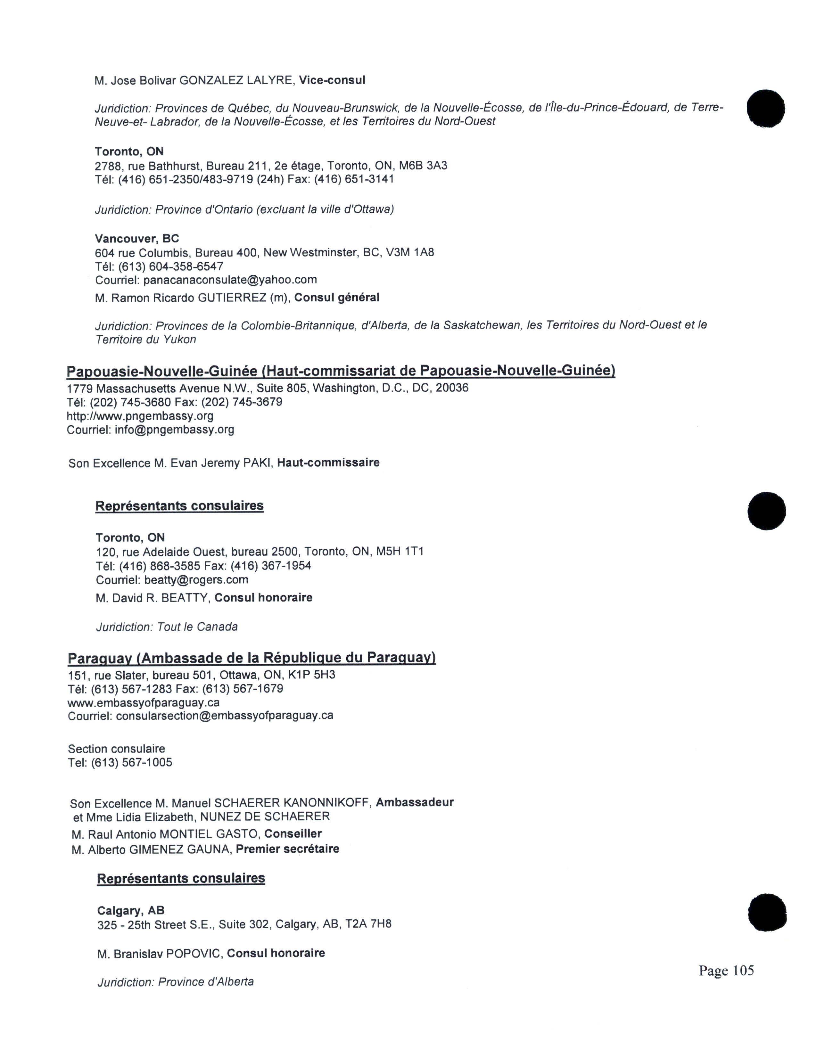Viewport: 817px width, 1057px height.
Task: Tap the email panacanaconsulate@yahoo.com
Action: click(x=230, y=280)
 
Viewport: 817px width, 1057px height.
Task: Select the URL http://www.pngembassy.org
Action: click(x=140, y=416)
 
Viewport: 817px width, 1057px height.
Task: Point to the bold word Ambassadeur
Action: click(x=415, y=802)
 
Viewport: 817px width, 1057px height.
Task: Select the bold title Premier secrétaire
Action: click(x=287, y=849)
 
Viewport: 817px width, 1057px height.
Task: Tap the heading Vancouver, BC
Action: click(x=137, y=239)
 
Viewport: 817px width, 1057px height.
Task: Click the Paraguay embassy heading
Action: click(x=252, y=658)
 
